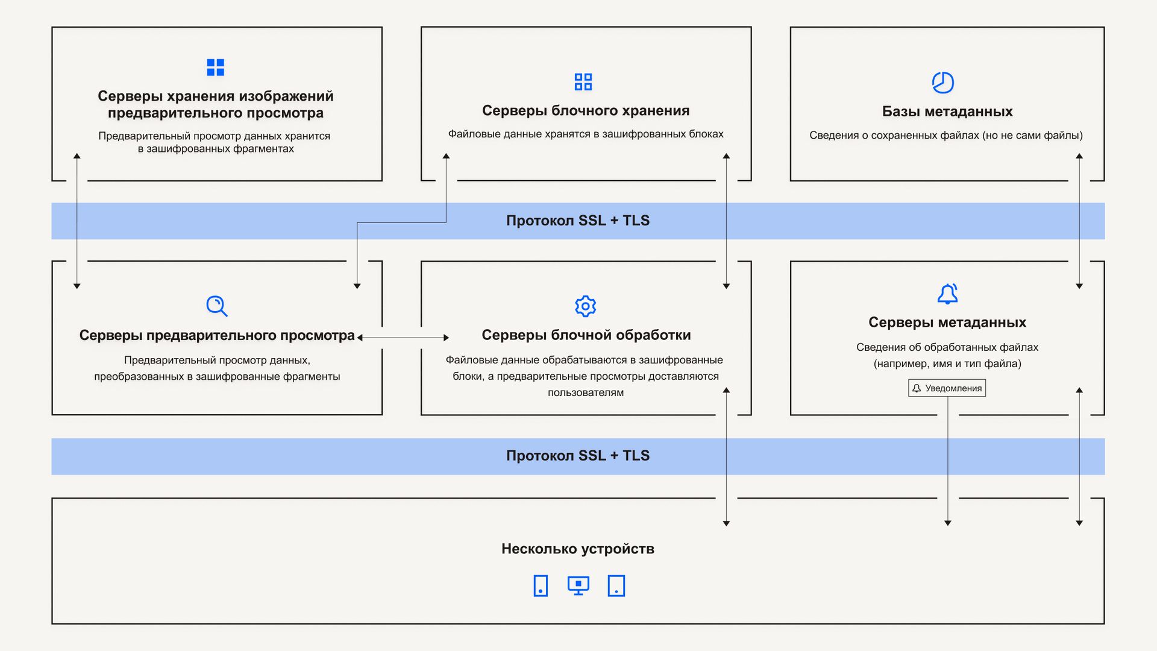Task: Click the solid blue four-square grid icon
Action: [215, 68]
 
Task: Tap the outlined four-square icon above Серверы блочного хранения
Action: [583, 82]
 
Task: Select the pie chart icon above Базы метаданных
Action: [942, 83]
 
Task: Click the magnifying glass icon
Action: [217, 306]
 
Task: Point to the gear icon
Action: [585, 306]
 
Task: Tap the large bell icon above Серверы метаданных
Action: [947, 294]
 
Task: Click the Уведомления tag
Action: [947, 388]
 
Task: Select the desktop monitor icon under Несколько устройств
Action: [578, 585]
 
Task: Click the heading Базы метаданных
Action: [947, 112]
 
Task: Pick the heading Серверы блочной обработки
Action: [586, 335]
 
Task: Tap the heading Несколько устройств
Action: [578, 549]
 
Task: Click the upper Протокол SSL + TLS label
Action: [578, 221]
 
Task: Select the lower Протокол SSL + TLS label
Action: [578, 456]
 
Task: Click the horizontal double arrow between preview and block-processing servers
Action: [403, 338]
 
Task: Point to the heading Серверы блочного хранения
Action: [586, 111]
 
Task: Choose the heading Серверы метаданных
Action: [947, 322]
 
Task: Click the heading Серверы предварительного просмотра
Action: [217, 336]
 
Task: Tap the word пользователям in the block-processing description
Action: [586, 392]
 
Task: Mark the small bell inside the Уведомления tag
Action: [917, 388]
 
